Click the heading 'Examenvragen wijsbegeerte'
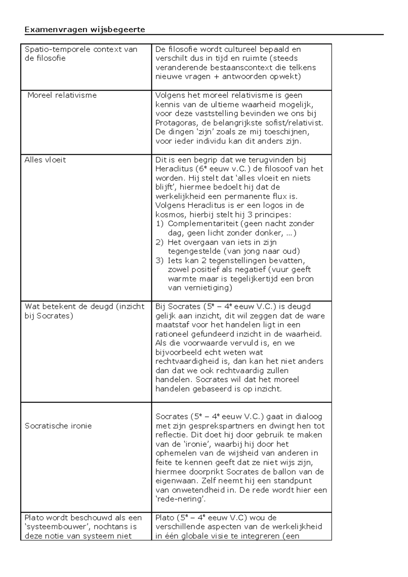point(85,30)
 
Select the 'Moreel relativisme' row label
point(62,95)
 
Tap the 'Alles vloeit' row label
point(45,160)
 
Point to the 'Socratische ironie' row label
point(58,426)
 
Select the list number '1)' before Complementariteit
point(160,224)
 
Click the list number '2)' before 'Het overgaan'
point(160,243)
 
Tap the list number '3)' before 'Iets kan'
point(160,261)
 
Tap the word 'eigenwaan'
point(176,481)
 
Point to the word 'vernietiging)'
point(200,288)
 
